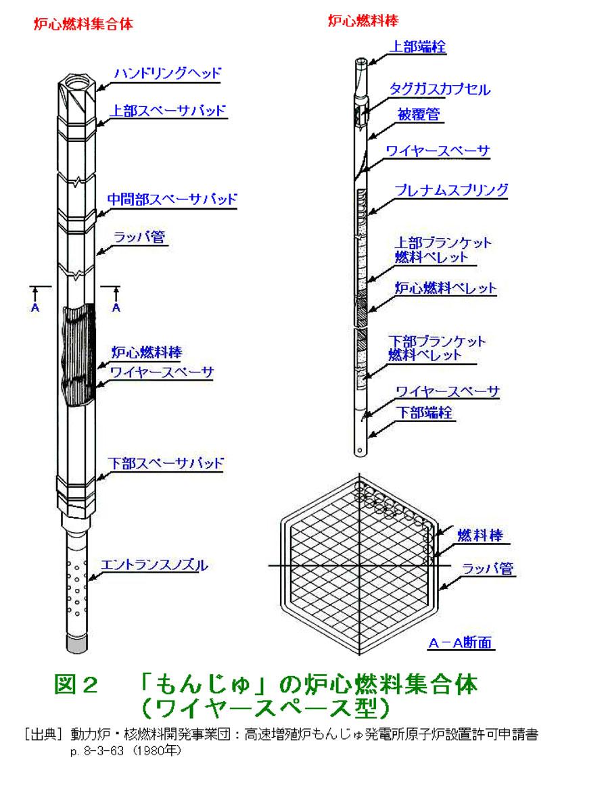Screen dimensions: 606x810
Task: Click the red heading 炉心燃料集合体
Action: click(x=83, y=24)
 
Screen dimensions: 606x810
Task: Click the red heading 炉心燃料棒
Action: click(x=363, y=21)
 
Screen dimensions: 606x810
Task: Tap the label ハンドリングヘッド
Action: click(x=167, y=73)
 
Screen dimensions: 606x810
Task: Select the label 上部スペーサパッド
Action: click(x=168, y=111)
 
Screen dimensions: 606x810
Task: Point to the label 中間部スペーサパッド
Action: click(x=172, y=199)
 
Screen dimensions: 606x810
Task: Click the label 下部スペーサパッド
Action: click(x=166, y=463)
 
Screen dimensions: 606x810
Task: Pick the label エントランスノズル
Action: click(x=154, y=565)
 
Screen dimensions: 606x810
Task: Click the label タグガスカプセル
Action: click(x=440, y=89)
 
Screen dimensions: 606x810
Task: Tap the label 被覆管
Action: click(x=419, y=114)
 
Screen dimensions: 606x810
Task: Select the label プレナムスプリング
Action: click(x=451, y=190)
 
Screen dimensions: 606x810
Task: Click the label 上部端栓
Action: click(x=417, y=47)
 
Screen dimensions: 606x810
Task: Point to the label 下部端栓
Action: click(x=425, y=412)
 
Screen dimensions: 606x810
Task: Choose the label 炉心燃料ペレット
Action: click(x=445, y=288)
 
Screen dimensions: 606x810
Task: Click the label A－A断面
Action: click(x=461, y=642)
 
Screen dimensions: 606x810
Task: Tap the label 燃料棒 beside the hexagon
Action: click(x=480, y=535)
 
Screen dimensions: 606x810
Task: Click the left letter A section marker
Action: click(x=35, y=308)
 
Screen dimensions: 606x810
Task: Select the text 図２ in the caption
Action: click(x=76, y=685)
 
